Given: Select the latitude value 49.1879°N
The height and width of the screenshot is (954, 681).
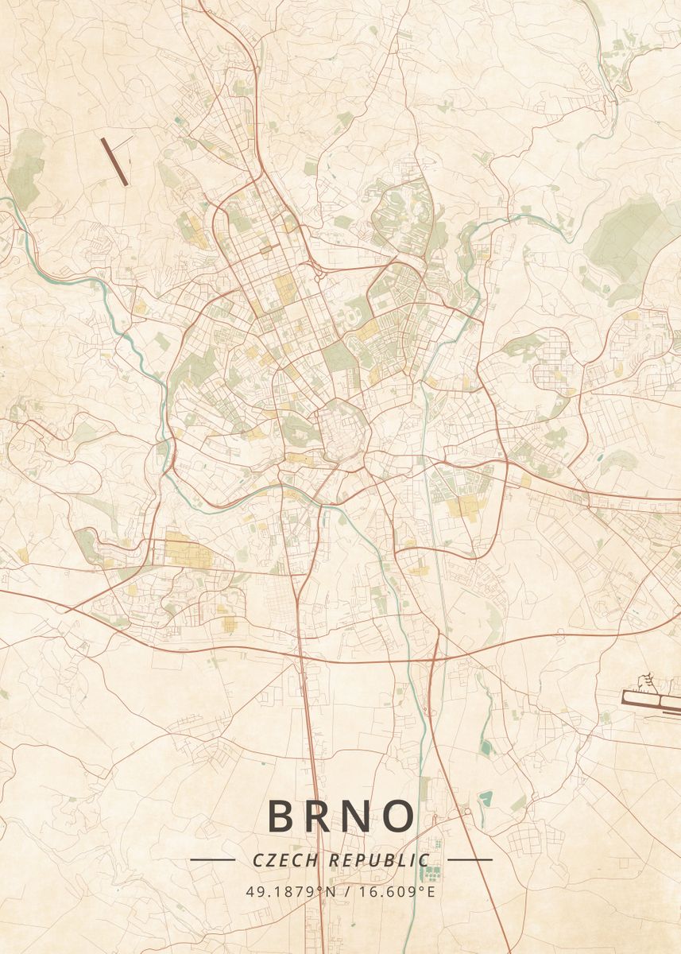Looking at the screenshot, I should pyautogui.click(x=291, y=891).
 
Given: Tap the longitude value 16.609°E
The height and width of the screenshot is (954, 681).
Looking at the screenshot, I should pyautogui.click(x=396, y=891).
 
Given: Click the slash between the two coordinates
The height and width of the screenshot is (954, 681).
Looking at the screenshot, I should pyautogui.click(x=347, y=891).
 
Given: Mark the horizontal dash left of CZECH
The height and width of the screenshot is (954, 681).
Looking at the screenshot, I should pyautogui.click(x=212, y=859).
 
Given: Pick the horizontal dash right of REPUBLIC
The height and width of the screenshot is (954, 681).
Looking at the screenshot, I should pyautogui.click(x=470, y=859).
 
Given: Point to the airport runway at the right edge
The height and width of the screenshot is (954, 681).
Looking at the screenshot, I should pyautogui.click(x=652, y=699).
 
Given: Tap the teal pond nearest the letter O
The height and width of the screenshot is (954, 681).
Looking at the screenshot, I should pyautogui.click(x=485, y=797).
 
